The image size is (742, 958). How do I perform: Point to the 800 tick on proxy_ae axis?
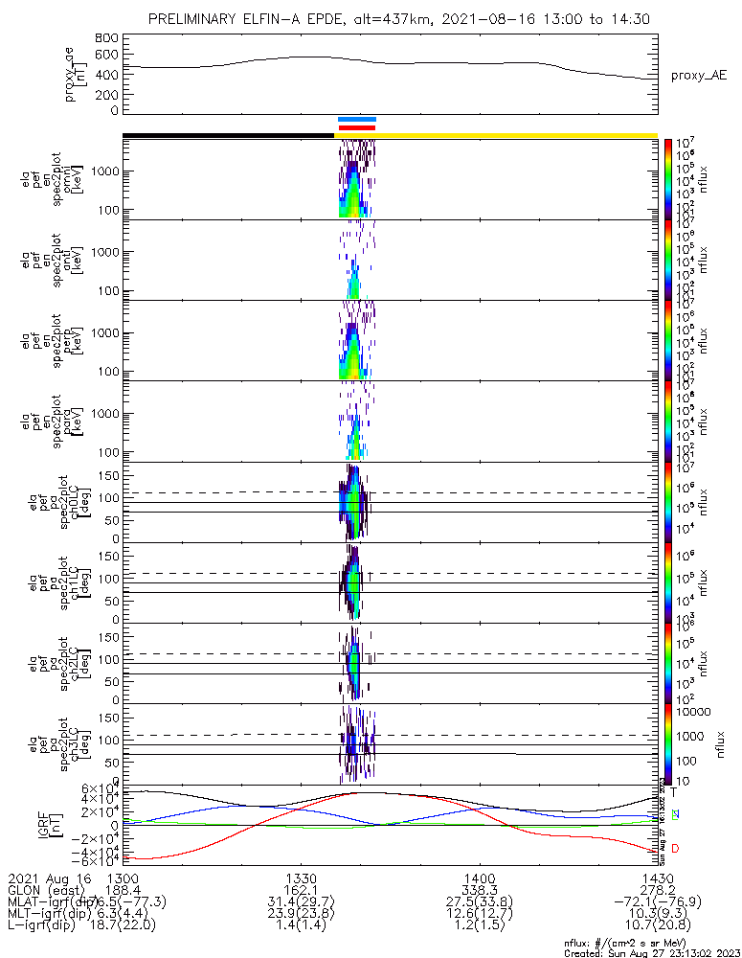click(x=107, y=38)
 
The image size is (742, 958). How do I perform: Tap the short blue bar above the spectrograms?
click(x=357, y=120)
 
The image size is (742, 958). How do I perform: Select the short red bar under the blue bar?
click(x=357, y=127)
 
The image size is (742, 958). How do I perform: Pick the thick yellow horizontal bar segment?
click(x=517, y=135)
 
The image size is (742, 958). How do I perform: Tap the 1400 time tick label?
click(x=479, y=878)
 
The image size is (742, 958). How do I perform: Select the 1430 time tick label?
click(x=656, y=878)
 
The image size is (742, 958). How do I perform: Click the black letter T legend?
click(x=674, y=792)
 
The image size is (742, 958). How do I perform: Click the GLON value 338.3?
click(x=479, y=889)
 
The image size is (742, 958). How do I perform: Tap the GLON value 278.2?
click(x=656, y=889)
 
